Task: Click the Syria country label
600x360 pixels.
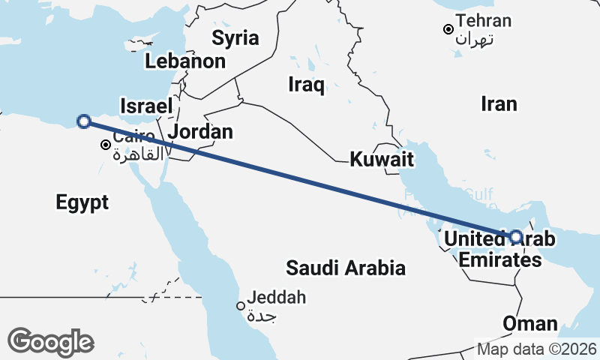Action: [235, 38]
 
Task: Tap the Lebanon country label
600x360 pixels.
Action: [185, 61]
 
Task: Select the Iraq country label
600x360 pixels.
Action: [306, 85]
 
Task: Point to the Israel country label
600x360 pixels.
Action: [146, 106]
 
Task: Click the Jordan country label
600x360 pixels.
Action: [200, 132]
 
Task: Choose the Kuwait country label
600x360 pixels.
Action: [382, 159]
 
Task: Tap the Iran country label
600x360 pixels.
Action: [499, 103]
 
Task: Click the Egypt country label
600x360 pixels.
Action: [82, 202]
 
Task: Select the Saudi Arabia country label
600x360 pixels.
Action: [346, 268]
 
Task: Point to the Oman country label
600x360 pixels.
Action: [530, 324]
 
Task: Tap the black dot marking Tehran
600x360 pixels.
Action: [448, 29]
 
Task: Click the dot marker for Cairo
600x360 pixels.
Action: [106, 145]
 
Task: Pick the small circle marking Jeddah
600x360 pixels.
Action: [241, 306]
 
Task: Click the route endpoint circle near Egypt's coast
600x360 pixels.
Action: [84, 121]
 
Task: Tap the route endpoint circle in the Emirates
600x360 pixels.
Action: [515, 237]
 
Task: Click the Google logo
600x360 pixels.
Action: [50, 342]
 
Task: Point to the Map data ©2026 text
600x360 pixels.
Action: [537, 349]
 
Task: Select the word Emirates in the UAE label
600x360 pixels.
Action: [499, 260]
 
